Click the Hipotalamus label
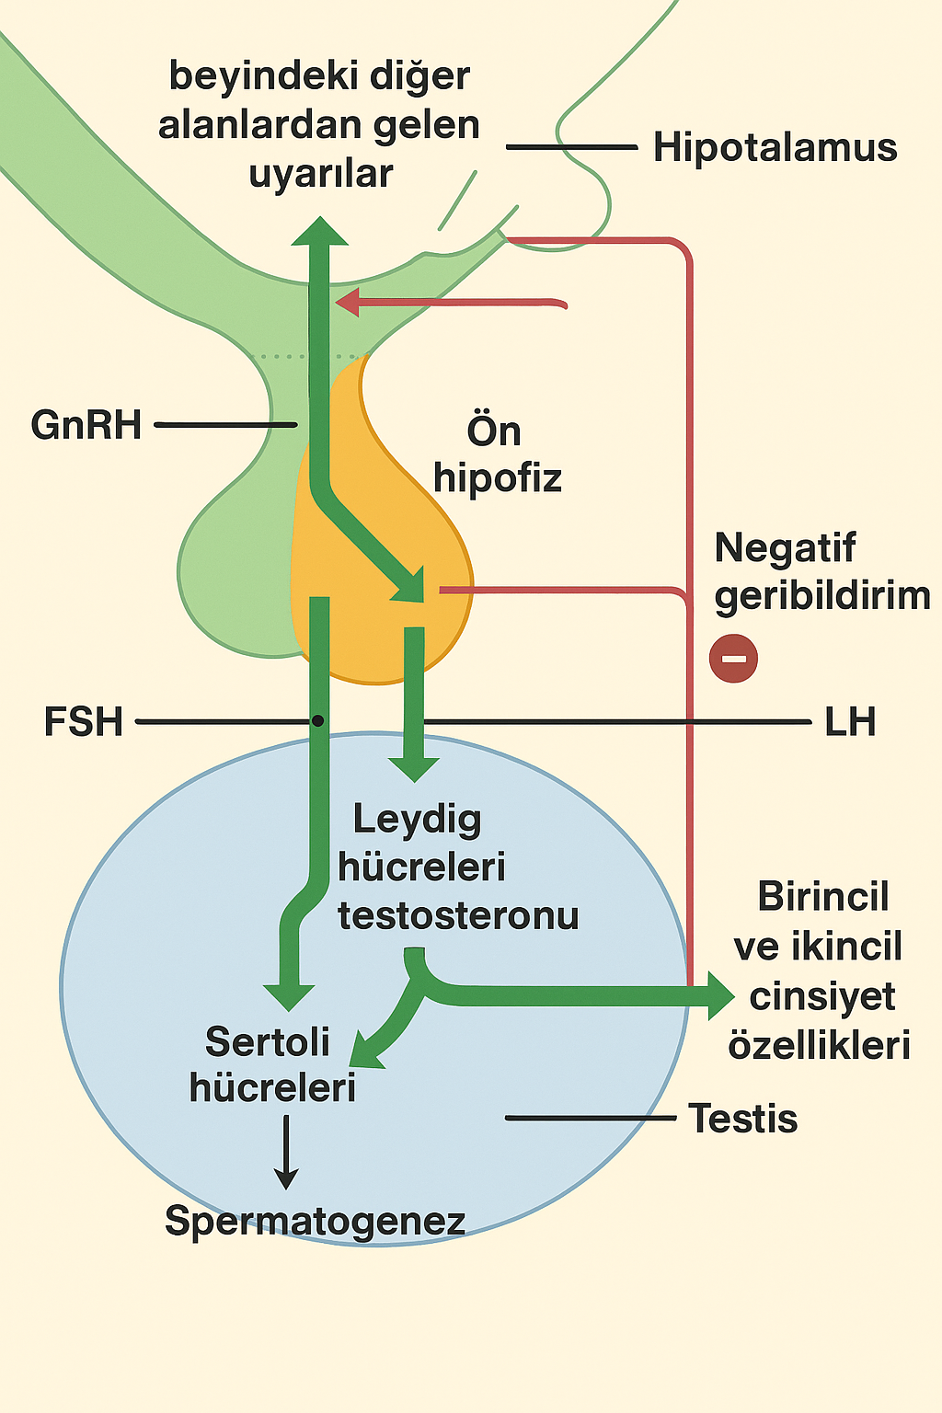pos(775,147)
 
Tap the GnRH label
pos(86,425)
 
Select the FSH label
pos(84,722)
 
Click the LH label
pos(850,722)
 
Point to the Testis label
pos(743,1119)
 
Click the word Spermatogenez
pos(315,1221)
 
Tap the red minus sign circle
pos(733,659)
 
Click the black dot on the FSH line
pos(317,721)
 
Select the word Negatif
pos(785,548)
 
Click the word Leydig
pos(417,819)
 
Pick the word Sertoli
pos(268,1042)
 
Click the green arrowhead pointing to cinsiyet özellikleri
pos(719,995)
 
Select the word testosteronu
pos(458,916)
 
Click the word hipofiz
pos(498,478)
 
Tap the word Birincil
pos(823,897)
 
